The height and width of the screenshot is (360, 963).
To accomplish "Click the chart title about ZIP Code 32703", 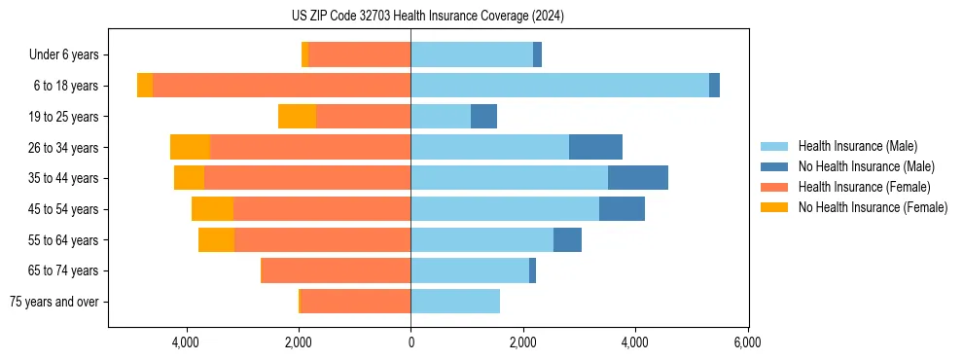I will coord(427,16).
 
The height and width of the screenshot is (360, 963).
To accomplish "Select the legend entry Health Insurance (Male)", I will coord(857,146).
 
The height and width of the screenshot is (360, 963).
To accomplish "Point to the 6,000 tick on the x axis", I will coord(747,342).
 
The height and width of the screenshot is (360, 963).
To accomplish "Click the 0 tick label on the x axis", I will coord(410,342).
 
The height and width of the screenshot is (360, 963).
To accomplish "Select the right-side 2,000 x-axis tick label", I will coord(522,342).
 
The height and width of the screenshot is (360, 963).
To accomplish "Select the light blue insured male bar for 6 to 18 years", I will coord(559,86).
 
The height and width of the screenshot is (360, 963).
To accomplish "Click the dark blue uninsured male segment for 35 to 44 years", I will coord(637,178).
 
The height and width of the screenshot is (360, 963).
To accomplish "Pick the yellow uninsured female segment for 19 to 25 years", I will coord(297,117).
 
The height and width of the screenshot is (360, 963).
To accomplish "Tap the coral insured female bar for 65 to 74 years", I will coord(336,270).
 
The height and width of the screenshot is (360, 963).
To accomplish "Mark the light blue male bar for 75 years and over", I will coord(455,302).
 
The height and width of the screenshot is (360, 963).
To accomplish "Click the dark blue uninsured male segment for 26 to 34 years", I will coord(595,147).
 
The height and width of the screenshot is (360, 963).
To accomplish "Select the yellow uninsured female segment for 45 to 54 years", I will coord(212,209).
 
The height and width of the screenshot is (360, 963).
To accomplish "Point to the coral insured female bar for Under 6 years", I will coord(359,55).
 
